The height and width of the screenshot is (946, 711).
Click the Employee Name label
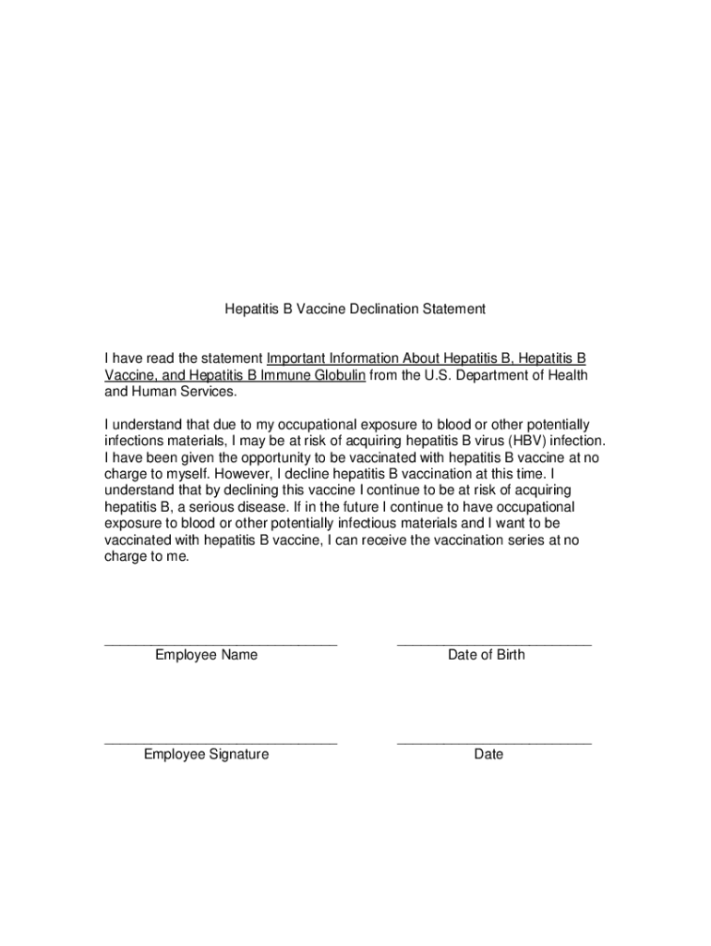point(206,655)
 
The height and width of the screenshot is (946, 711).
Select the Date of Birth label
point(486,655)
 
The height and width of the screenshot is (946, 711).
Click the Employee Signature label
point(206,755)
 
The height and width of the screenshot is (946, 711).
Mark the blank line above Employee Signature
point(221,741)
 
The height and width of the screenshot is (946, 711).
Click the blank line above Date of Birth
point(494,641)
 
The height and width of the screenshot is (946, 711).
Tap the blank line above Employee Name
point(221,641)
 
